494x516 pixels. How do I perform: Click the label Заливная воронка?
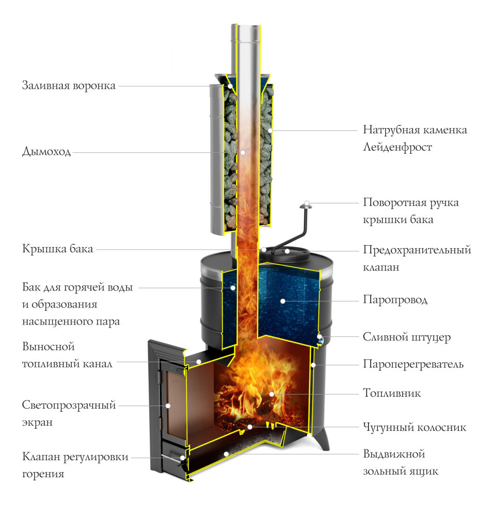69,86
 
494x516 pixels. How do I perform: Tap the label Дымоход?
46,152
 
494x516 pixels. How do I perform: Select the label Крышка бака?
58,249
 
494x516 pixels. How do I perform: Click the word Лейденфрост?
397,147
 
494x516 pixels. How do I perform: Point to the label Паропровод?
395,300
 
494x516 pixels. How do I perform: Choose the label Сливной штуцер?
407,337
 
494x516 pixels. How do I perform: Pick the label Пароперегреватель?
413,364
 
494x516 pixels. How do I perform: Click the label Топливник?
392,393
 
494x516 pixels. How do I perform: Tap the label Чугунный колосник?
415,427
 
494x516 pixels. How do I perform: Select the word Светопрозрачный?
69,405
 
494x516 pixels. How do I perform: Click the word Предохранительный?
417,250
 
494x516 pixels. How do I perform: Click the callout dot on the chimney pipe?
243,152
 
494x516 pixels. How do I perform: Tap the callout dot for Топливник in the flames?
272,394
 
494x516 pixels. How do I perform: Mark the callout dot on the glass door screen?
168,406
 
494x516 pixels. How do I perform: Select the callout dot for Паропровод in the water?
282,301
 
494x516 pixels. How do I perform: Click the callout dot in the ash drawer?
226,454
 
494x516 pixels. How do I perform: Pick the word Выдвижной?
394,454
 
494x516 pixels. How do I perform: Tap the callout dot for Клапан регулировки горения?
182,458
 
